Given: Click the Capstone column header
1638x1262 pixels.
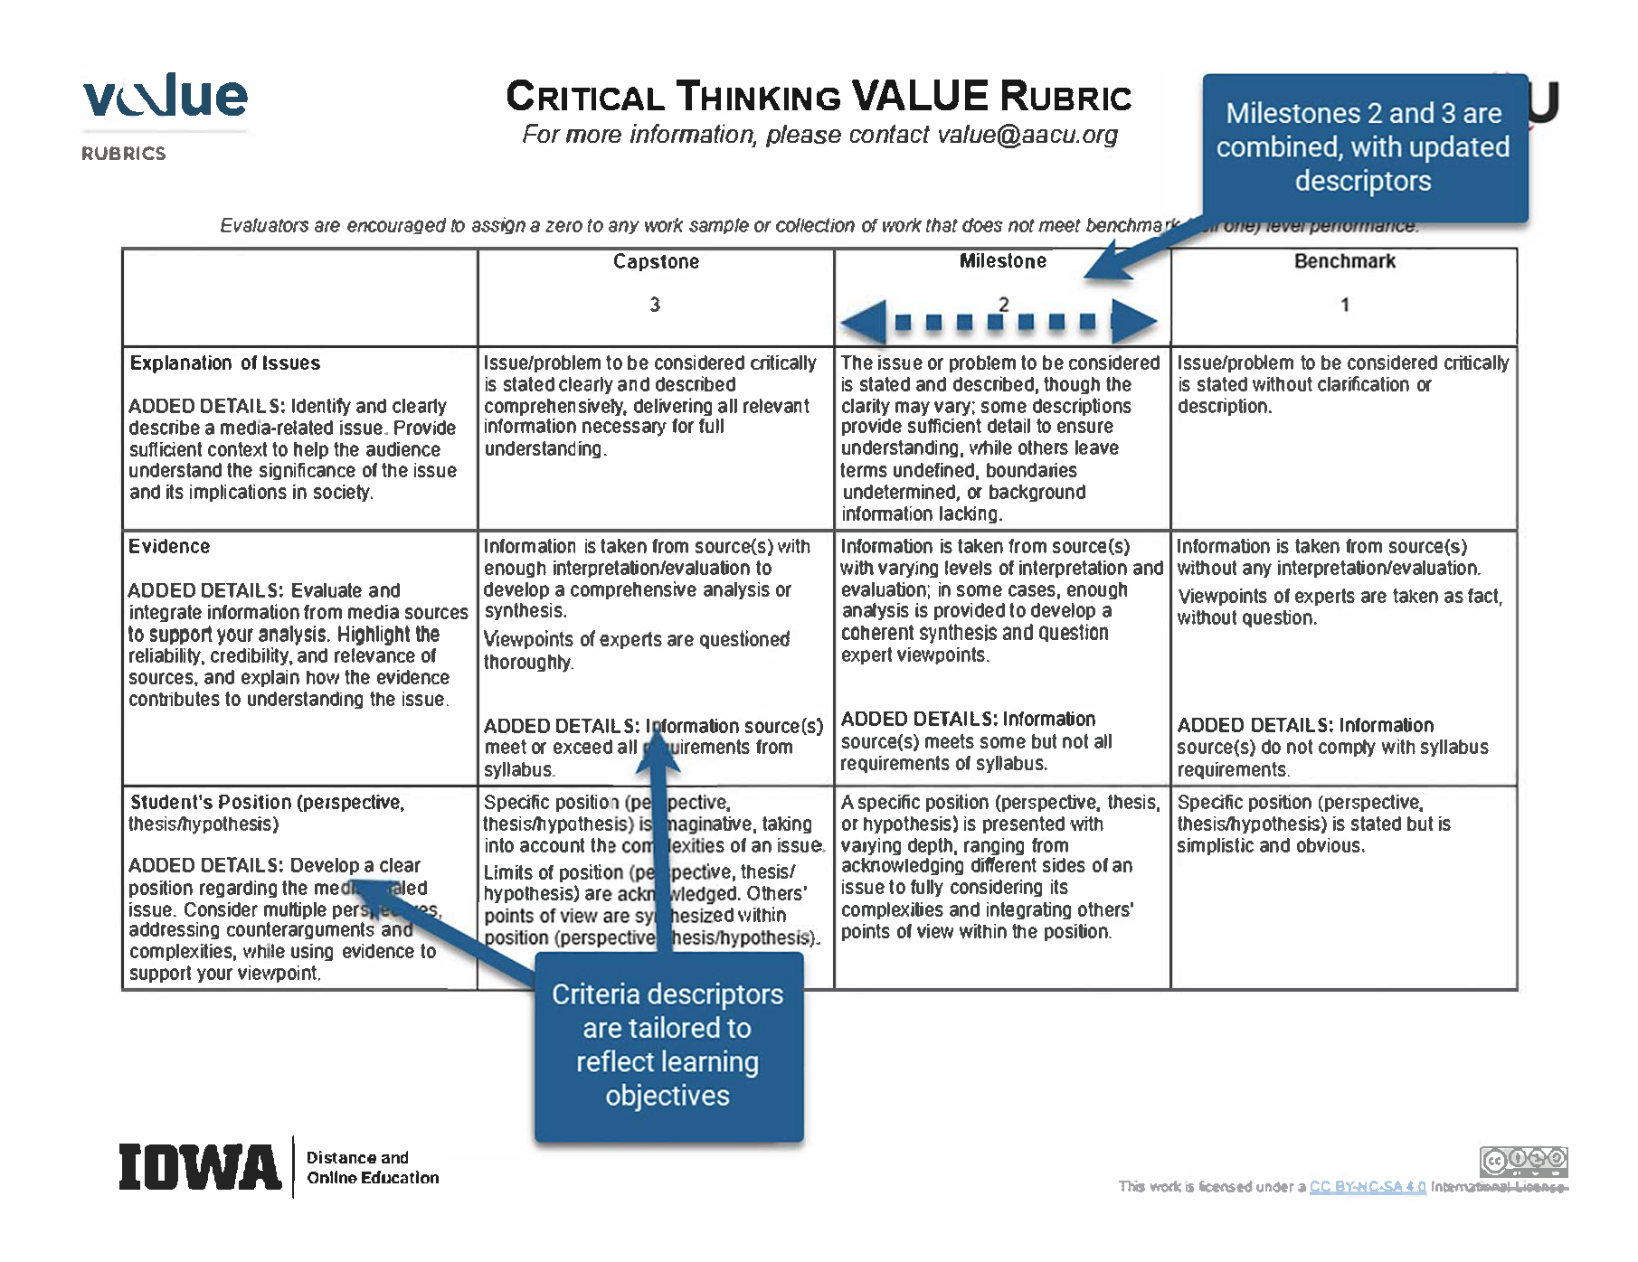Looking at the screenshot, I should tap(656, 261).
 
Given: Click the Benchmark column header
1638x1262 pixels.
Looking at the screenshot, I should tap(1344, 261).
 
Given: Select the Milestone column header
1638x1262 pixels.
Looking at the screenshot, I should tap(1002, 261).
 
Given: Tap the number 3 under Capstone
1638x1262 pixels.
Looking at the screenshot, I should tap(655, 305).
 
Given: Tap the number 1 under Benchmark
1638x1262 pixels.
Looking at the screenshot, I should tap(1345, 305).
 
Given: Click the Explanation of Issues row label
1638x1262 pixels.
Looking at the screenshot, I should tap(225, 363).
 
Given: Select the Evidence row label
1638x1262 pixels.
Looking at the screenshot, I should tap(169, 547).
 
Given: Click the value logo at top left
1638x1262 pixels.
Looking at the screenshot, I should tap(165, 98).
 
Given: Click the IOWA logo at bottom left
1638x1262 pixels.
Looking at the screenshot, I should tap(200, 1167).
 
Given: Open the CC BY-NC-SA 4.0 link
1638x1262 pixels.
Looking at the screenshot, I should tap(1368, 1187).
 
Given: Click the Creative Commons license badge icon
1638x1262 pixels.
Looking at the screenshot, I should tap(1523, 1161).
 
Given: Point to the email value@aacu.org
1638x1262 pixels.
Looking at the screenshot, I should tap(1027, 135).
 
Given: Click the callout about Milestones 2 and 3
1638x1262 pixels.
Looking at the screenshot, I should tap(1363, 147).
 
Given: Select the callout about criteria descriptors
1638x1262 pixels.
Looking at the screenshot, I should tap(668, 1045).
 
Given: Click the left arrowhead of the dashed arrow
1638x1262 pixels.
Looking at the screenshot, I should tap(865, 321).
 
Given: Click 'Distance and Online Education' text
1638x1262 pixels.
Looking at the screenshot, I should tap(373, 1168).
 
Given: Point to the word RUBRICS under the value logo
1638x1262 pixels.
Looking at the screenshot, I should tap(124, 154).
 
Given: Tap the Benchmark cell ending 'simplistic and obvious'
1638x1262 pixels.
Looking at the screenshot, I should tap(1313, 824).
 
